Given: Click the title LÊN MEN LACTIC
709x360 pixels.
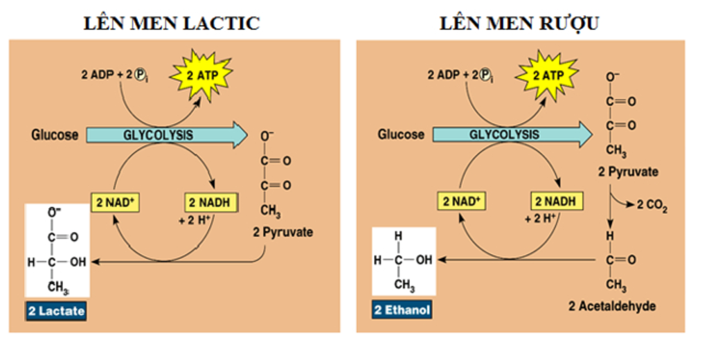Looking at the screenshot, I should (171, 23).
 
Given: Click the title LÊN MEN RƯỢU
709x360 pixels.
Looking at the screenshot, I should (519, 23).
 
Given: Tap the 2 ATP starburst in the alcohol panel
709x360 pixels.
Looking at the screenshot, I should (547, 74).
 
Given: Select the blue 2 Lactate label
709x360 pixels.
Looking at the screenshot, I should (56, 311).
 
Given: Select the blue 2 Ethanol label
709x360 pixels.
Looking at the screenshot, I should (402, 309).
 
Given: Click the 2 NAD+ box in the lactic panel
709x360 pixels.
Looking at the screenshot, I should (115, 203).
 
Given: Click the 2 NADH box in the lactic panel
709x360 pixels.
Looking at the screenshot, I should (210, 203).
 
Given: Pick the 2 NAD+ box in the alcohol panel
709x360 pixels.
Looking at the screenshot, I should (462, 201).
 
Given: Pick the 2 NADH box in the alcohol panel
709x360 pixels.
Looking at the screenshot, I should (557, 201).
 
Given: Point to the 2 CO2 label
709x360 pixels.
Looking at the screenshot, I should (652, 206).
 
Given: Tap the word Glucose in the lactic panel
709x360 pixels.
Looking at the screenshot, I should (55, 134).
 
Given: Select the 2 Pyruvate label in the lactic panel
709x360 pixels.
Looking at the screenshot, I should (282, 232).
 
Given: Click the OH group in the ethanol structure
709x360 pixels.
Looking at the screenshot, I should (424, 260).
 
